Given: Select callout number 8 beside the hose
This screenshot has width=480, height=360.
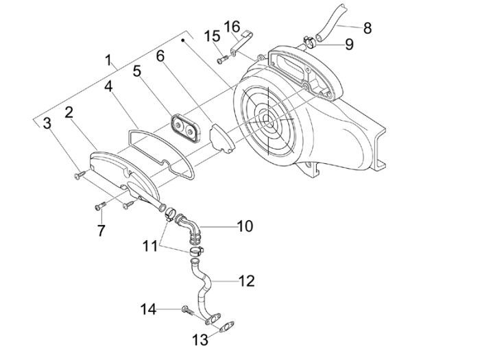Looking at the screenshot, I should (x=368, y=28).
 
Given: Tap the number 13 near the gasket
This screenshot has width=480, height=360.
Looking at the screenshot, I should (x=200, y=339).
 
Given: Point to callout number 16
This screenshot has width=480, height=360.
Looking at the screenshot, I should (x=232, y=27).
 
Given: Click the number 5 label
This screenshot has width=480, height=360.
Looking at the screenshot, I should (x=137, y=70).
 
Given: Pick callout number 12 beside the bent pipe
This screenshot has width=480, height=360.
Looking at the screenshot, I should (x=246, y=280).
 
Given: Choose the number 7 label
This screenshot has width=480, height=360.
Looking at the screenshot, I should (x=101, y=230).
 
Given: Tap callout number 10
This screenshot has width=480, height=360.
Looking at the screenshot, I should (x=245, y=226).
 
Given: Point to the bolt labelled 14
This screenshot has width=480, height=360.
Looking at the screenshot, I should (x=187, y=311).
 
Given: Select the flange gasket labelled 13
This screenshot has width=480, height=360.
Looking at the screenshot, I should (x=221, y=323).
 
